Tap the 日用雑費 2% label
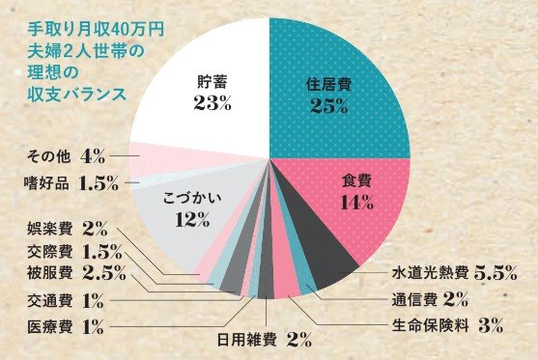[262, 338]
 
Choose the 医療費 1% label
[66, 326]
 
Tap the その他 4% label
[66, 155]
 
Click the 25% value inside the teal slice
[329, 106]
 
